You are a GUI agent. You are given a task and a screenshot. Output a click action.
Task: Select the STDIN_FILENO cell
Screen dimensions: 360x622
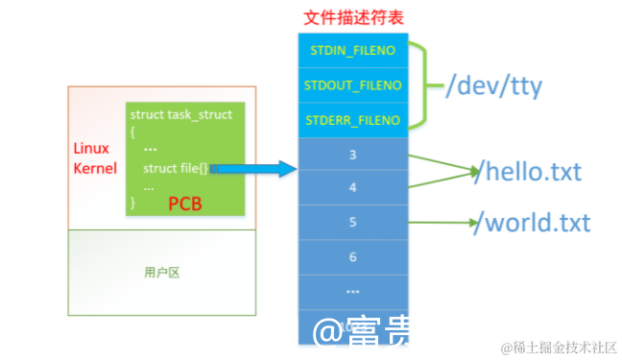coord(353,49)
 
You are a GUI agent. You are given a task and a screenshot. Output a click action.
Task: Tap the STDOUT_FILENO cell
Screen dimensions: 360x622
coord(353,85)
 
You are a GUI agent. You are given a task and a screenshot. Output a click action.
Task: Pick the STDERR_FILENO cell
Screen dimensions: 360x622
coord(353,121)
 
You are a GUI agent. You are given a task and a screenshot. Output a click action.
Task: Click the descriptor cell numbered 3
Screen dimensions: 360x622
coord(353,153)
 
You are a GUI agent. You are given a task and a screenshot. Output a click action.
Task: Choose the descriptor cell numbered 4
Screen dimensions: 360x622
coord(353,188)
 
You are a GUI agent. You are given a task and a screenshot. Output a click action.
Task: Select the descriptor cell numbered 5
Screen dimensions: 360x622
coord(353,223)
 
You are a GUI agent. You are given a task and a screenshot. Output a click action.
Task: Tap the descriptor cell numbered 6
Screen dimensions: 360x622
coord(353,257)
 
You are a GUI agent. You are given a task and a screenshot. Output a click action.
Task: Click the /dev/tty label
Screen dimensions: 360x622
coord(493,87)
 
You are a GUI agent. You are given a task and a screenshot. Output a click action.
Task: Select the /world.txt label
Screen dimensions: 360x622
coord(534,224)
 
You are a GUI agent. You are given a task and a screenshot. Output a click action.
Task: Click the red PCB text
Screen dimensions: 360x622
coord(185,203)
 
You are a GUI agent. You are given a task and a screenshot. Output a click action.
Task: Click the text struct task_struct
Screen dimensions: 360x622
coord(181,114)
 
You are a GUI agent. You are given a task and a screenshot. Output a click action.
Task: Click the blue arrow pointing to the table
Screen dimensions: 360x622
coord(254,169)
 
